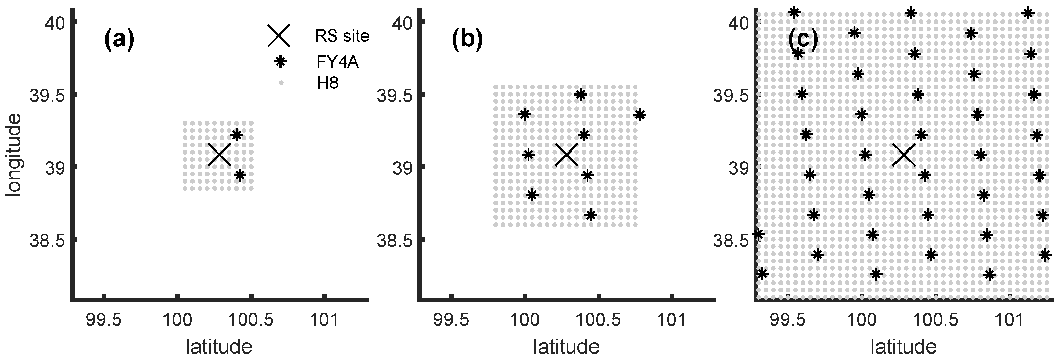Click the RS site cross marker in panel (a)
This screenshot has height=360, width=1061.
pyautogui.click(x=219, y=155)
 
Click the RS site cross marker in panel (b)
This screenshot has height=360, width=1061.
pyautogui.click(x=567, y=155)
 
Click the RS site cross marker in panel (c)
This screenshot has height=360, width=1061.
pyautogui.click(x=904, y=155)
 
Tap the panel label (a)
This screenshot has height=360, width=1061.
pyautogui.click(x=119, y=41)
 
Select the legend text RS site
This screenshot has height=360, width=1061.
pyautogui.click(x=342, y=36)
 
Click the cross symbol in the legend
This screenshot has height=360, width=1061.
pyautogui.click(x=279, y=35)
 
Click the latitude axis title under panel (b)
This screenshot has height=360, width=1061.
pyautogui.click(x=567, y=346)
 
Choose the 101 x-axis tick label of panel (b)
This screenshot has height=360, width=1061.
pyautogui.click(x=673, y=320)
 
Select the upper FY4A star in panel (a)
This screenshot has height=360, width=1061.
pyautogui.click(x=236, y=135)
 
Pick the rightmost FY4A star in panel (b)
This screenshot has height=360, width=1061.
pyautogui.click(x=639, y=115)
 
